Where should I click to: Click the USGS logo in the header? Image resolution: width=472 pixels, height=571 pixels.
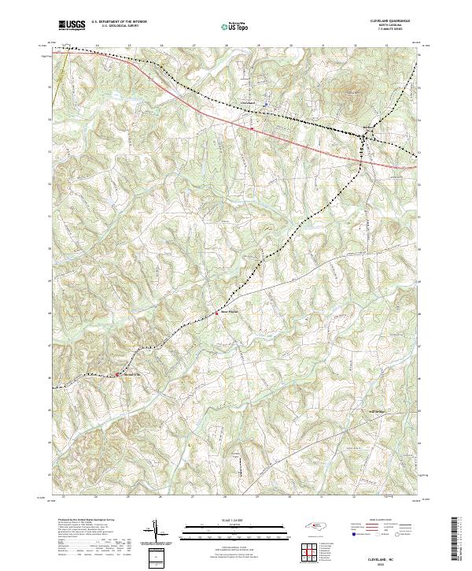pos(72,25)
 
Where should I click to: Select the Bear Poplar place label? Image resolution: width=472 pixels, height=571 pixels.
pos(228,311)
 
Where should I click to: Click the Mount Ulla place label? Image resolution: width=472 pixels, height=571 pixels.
pos(131,374)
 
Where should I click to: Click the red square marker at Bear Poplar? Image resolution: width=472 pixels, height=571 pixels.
pos(218,313)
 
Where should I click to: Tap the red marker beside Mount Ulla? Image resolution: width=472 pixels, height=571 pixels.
pos(118,374)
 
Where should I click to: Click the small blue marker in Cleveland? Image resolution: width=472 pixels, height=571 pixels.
pos(266,103)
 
